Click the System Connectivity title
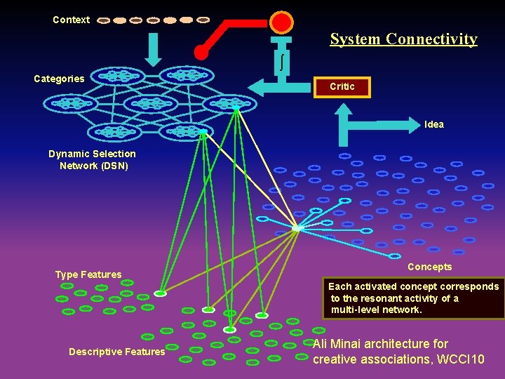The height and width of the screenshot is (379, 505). pos(403,39)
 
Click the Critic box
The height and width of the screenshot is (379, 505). pos(342,86)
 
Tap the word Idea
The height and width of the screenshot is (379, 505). pos(433,124)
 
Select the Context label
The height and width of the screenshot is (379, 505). pos(71,20)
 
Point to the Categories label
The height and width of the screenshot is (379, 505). pos(59,79)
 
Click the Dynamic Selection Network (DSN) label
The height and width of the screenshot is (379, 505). pos(93,160)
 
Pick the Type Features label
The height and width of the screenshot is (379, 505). pos(88,274)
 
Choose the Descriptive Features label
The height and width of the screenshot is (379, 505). pos(116,352)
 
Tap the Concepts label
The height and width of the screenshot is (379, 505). pos(429,267)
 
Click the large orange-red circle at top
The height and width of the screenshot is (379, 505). pos(281,22)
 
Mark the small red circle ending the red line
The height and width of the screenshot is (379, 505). pos(201,52)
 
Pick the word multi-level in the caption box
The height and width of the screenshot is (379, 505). pos(355,310)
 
